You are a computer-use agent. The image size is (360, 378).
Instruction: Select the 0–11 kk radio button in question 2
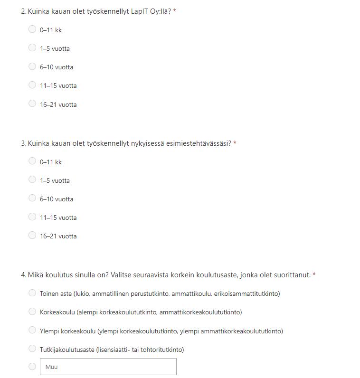pyautogui.click(x=32, y=29)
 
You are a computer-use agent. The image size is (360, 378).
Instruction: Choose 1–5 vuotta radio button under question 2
pyautogui.click(x=32, y=48)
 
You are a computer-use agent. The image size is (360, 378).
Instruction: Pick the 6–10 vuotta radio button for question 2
pyautogui.click(x=32, y=66)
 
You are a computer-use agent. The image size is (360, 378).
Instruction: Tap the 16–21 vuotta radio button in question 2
pyautogui.click(x=32, y=104)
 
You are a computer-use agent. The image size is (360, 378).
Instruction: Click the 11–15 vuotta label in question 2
pyautogui.click(x=58, y=86)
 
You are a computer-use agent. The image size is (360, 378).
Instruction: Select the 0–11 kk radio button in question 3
pyautogui.click(x=32, y=161)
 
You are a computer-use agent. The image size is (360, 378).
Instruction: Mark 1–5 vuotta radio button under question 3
pyautogui.click(x=32, y=180)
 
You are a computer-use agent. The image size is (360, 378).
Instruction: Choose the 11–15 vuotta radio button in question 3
pyautogui.click(x=32, y=217)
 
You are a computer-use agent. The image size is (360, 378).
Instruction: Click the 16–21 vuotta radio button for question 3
pyautogui.click(x=32, y=236)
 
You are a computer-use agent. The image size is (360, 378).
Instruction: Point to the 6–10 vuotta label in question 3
pyautogui.click(x=57, y=199)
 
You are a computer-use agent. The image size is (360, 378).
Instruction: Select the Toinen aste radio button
pyautogui.click(x=32, y=293)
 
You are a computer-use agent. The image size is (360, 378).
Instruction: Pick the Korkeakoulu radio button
pyautogui.click(x=32, y=312)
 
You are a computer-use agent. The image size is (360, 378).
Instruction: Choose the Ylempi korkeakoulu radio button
pyautogui.click(x=32, y=330)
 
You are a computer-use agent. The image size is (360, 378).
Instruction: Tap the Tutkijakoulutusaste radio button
pyautogui.click(x=32, y=349)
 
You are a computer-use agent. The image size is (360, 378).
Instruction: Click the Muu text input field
pyautogui.click(x=108, y=367)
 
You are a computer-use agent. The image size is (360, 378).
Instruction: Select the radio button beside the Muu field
pyautogui.click(x=32, y=367)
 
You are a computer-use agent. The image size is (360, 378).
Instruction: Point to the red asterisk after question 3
pyautogui.click(x=235, y=143)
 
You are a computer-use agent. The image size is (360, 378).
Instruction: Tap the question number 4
pyautogui.click(x=23, y=275)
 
